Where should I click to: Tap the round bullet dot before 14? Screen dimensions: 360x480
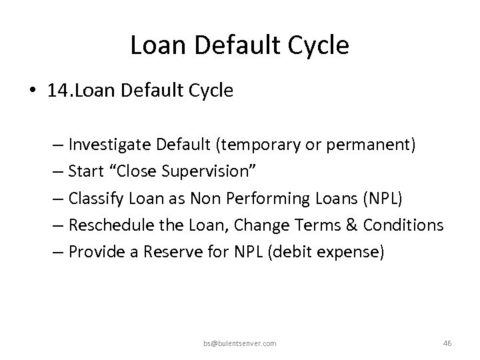coord(31,91)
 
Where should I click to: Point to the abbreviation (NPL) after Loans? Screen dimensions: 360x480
coord(354,198)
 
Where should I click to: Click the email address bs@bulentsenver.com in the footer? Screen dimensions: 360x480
coord(240,343)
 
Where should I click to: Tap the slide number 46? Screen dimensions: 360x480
coord(447,343)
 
